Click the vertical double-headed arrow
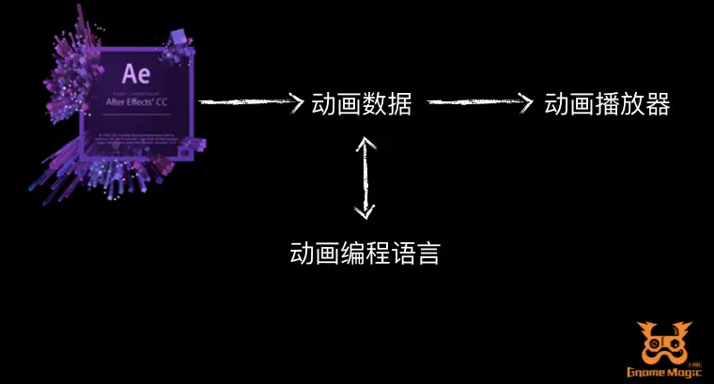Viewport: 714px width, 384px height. click(x=365, y=177)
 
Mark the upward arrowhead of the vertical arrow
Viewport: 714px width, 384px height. click(x=365, y=143)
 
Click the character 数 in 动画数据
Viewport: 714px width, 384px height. click(x=374, y=103)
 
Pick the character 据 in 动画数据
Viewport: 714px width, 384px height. click(x=399, y=103)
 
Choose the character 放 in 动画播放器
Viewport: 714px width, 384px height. click(x=632, y=103)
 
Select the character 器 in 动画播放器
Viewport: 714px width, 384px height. click(x=658, y=103)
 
